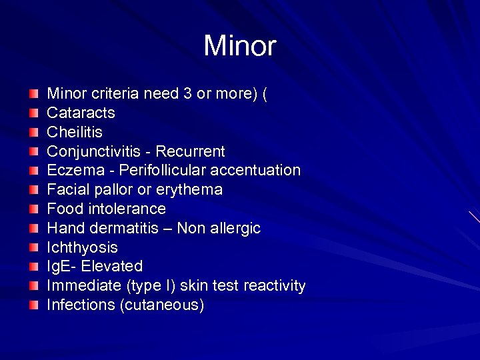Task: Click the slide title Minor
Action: click(x=239, y=46)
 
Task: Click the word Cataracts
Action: click(x=81, y=113)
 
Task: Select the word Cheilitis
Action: click(x=75, y=132)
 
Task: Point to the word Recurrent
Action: click(x=193, y=151)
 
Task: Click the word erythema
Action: click(x=191, y=190)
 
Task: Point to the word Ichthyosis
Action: click(x=82, y=248)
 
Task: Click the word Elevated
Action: click(x=112, y=267)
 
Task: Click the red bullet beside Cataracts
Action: click(x=34, y=113)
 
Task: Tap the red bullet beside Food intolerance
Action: click(x=34, y=209)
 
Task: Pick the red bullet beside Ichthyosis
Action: click(x=34, y=248)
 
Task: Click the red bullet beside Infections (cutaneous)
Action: click(x=34, y=305)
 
